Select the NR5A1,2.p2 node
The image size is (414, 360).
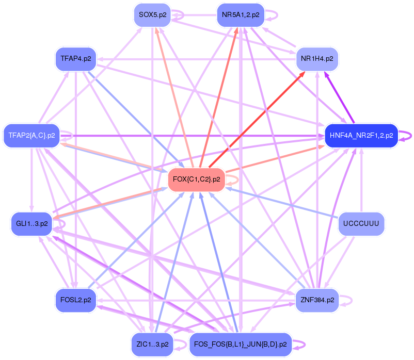241,15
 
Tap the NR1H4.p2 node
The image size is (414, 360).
316,59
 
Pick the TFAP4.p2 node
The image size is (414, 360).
75,59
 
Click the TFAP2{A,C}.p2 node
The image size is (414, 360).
32,136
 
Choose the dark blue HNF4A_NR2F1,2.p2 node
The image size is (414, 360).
360,136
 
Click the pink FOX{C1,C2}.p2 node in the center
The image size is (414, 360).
197,179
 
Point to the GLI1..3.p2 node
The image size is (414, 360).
32,223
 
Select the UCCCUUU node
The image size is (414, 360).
361,223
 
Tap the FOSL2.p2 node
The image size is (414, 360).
75,300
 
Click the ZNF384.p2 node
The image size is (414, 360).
316,300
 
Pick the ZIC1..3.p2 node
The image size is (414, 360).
153,344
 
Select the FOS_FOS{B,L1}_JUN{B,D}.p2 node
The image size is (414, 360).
241,344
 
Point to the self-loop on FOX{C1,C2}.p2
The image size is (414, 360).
237,179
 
